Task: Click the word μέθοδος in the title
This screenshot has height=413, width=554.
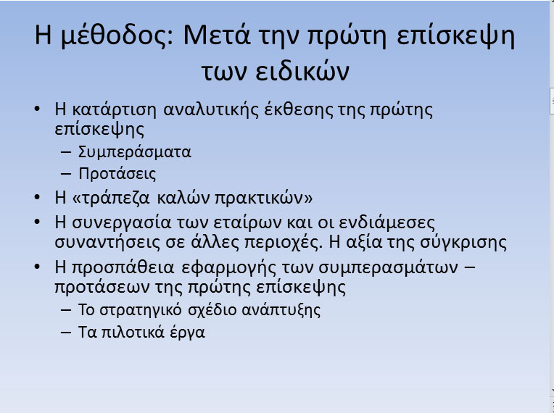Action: click(117, 36)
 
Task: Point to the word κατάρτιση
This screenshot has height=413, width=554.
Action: click(114, 109)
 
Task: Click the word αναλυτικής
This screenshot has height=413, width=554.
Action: click(210, 110)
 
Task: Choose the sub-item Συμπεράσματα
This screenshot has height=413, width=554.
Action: click(135, 152)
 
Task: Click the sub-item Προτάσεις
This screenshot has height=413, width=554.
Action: click(117, 174)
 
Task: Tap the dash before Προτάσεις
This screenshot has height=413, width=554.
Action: click(66, 174)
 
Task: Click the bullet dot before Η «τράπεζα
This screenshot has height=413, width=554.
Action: click(37, 197)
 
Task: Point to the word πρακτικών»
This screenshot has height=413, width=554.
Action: click(264, 198)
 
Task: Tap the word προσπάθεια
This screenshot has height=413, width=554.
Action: click(123, 267)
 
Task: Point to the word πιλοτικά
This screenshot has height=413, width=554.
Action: click(133, 333)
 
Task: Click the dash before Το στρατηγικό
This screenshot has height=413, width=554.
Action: click(66, 310)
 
